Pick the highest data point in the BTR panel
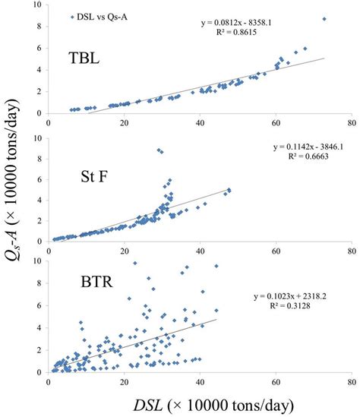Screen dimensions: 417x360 tap(134, 264)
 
